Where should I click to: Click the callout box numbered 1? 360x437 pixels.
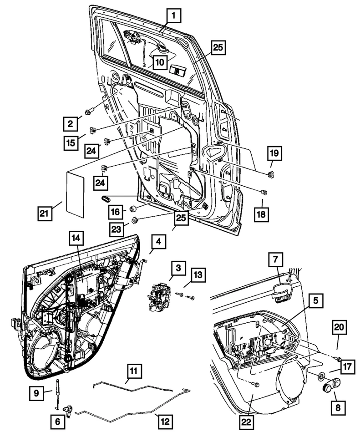[173, 17]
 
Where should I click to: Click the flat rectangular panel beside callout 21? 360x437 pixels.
[76, 191]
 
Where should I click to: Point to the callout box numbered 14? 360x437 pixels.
[76, 238]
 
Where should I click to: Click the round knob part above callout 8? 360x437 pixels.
[328, 387]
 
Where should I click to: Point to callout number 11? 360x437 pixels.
[132, 372]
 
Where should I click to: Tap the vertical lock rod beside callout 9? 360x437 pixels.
[58, 393]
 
